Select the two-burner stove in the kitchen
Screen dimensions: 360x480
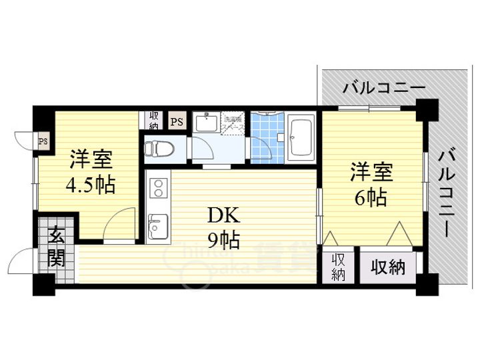tap(159, 189)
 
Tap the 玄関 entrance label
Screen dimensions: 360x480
tap(55, 246)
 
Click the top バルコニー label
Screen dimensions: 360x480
tap(383, 88)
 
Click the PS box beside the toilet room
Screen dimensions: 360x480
tap(177, 121)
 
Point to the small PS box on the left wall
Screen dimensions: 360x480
tap(43, 141)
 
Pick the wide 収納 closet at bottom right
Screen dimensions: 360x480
tap(388, 267)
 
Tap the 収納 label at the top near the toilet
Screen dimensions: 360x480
tap(153, 121)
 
